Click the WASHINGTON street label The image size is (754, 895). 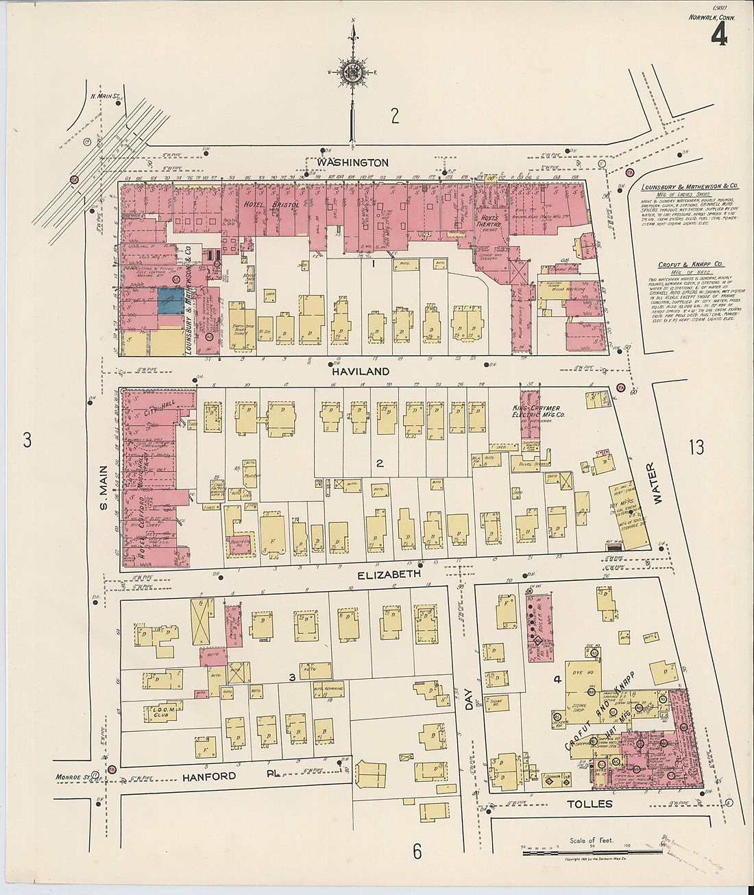[x=352, y=163]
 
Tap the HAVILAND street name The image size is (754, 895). [x=361, y=371]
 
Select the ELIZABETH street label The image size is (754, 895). [x=389, y=573]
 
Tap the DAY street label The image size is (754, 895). [x=470, y=700]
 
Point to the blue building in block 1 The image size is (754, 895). [x=171, y=300]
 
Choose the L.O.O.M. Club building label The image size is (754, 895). [x=160, y=711]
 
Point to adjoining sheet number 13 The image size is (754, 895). [x=696, y=448]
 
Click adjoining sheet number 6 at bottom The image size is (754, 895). [x=417, y=851]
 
